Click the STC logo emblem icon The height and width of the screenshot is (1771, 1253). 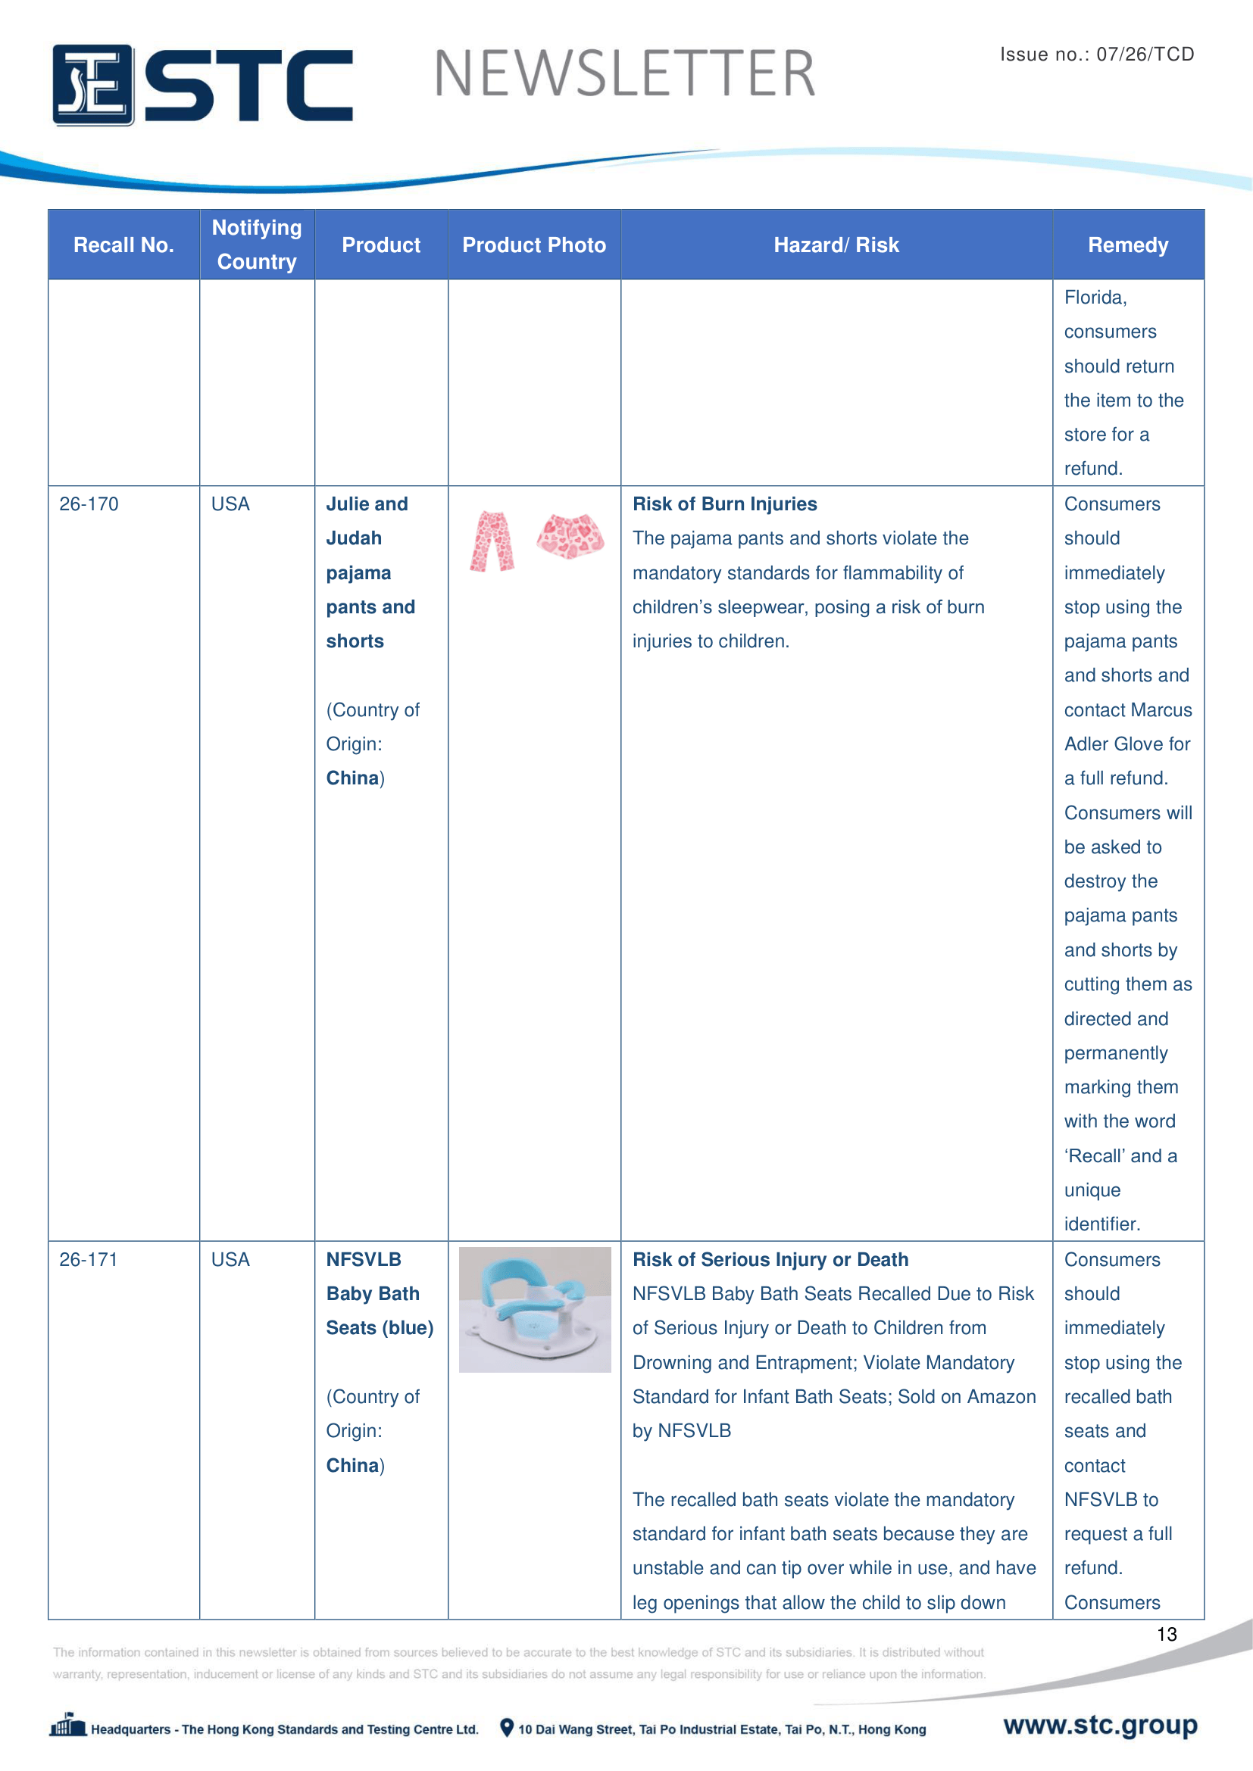pos(92,85)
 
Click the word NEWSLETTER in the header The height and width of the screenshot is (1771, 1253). pos(624,74)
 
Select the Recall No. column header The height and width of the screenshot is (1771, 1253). pos(123,245)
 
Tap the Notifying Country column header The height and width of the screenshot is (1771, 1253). pos(257,245)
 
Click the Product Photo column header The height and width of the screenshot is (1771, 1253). pos(534,245)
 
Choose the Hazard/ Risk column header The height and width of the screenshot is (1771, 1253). pos(836,245)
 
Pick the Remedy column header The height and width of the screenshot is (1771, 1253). pos(1127,245)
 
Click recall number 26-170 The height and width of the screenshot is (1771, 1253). pos(89,504)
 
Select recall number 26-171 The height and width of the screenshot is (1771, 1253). pos(89,1260)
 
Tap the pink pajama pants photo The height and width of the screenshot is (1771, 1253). pos(492,541)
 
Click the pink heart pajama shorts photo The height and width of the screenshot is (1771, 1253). pos(570,535)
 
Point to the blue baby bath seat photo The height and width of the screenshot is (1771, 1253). pos(535,1309)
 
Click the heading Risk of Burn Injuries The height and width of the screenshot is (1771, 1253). pos(724,504)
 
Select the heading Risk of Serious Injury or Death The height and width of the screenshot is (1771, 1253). pos(770,1260)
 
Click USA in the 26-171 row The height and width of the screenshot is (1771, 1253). pos(230,1260)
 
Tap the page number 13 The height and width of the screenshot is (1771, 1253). pos(1166,1635)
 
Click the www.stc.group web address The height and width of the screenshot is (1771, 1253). pos(1100,1725)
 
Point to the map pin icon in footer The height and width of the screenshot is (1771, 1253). pos(507,1728)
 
